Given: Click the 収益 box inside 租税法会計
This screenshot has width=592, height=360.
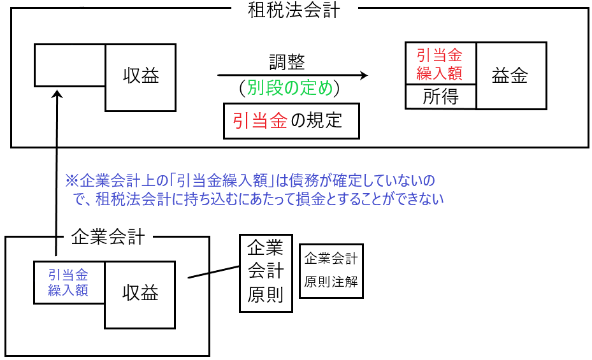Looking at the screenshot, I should pos(140,77).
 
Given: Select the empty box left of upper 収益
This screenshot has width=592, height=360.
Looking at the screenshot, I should pos(69,65).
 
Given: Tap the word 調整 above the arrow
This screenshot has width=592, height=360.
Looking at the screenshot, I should pos(287,62).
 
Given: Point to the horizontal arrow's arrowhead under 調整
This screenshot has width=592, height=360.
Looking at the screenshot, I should pos(364,75).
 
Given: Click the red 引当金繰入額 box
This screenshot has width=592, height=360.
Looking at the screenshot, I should pos(440,64).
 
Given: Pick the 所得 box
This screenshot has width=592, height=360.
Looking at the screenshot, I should pos(440,97).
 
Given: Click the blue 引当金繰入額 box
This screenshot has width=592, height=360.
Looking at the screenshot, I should pos(69,282).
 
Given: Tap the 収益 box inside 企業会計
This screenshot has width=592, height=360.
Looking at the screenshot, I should pos(140,294).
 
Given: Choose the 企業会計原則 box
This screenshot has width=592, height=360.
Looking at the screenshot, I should pos(266,273).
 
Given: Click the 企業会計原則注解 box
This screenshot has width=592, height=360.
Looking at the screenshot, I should pos(331,271).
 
